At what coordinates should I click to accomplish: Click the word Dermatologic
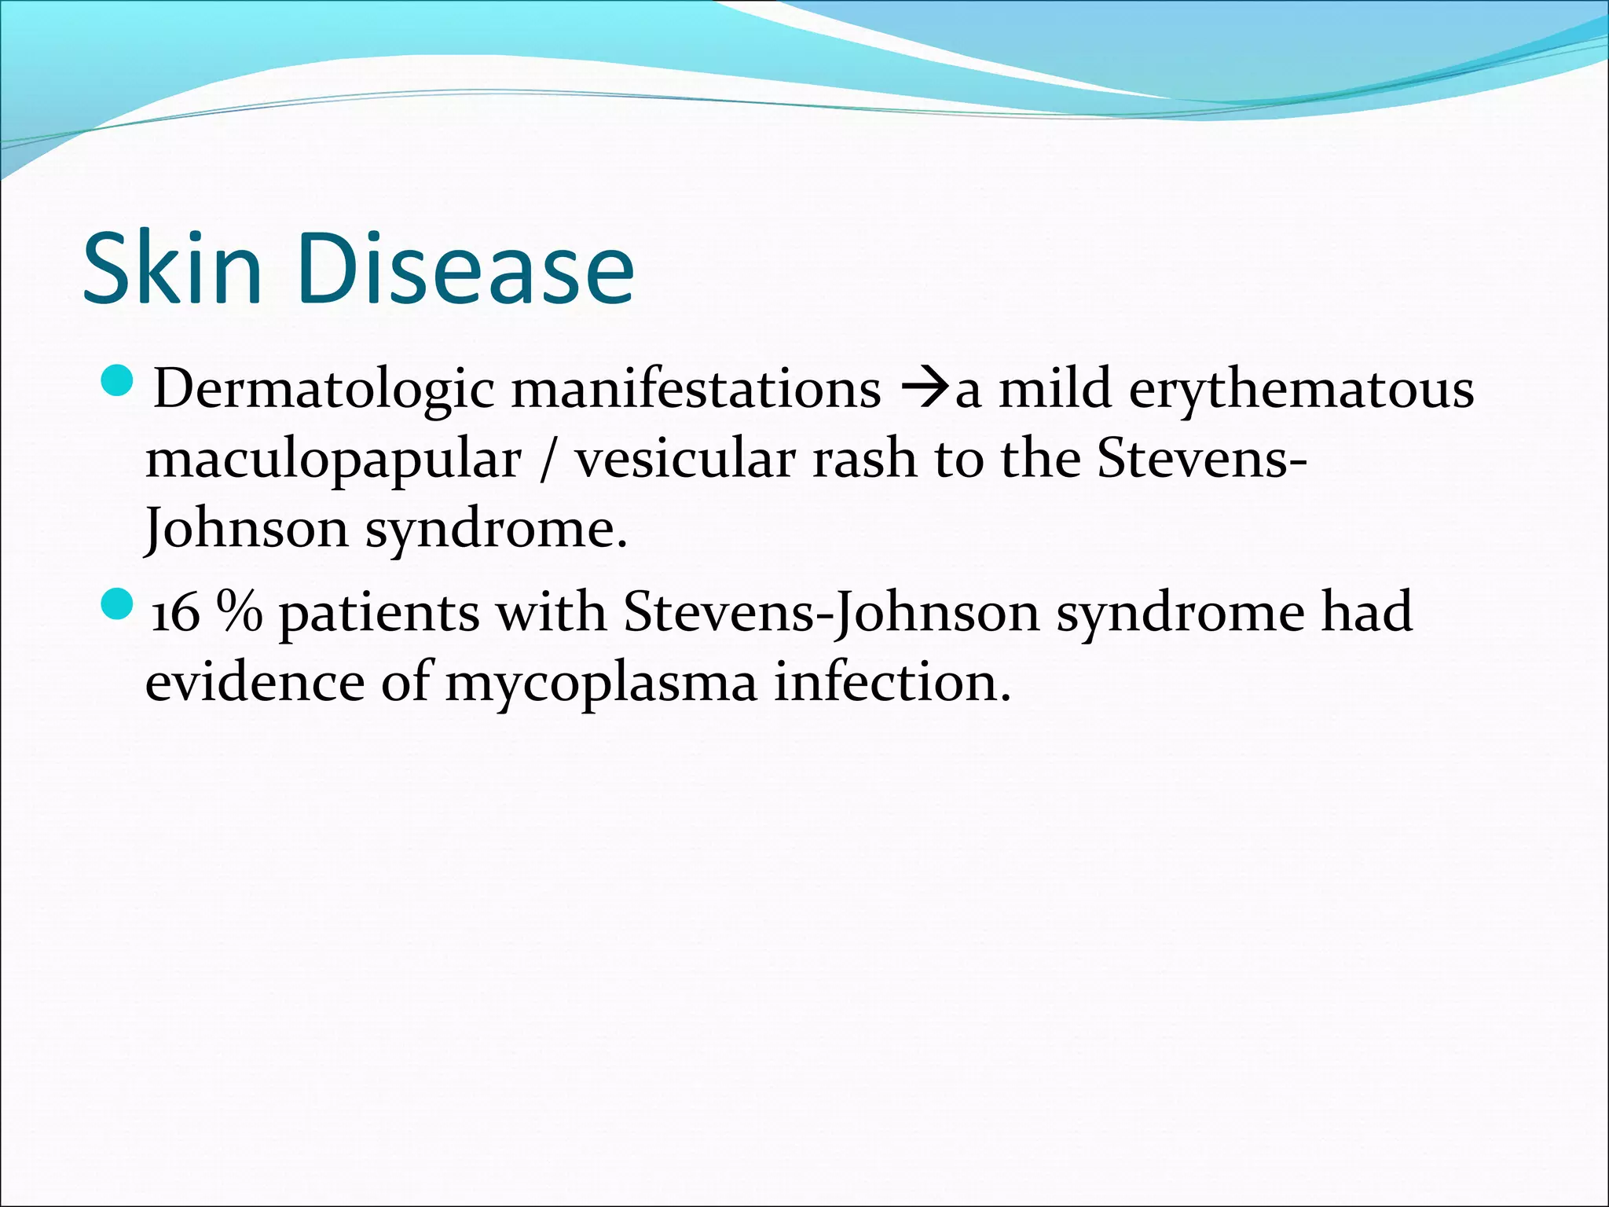pos(324,390)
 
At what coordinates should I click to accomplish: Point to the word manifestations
pos(696,388)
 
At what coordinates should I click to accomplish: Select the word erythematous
pos(1301,390)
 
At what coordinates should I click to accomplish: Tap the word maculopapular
pos(333,460)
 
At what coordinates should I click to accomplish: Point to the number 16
pos(175,614)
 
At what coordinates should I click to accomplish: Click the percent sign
pos(240,612)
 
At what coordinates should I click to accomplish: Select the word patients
pos(379,614)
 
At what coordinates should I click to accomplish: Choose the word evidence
pos(255,682)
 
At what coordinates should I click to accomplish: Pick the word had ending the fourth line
pos(1366,612)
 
